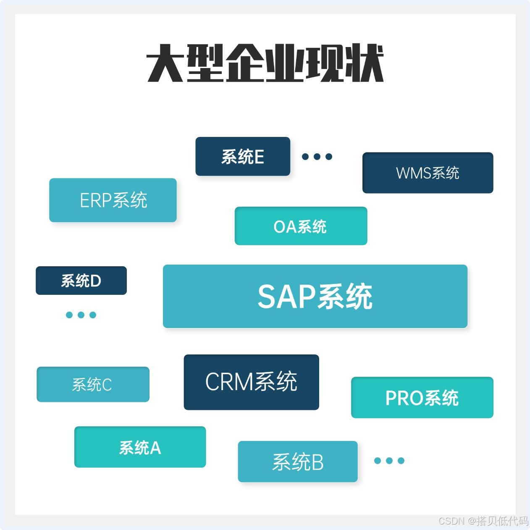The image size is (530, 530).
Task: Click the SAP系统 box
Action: tap(315, 296)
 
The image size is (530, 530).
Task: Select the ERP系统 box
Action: tap(113, 200)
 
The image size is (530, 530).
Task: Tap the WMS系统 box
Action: tap(428, 173)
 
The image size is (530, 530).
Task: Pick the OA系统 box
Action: tap(301, 226)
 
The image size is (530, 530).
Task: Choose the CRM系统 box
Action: tap(251, 382)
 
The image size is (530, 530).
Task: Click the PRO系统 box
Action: tap(422, 397)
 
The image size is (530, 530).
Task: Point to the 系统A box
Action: tap(140, 447)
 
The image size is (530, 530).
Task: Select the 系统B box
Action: tap(297, 461)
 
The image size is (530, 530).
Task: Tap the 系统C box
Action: tap(93, 384)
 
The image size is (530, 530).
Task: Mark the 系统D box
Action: tap(81, 281)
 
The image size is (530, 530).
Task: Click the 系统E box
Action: tap(243, 156)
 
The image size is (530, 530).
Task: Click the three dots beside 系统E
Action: tap(317, 157)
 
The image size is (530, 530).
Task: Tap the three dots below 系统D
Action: tap(81, 315)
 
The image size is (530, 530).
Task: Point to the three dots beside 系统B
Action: tap(389, 461)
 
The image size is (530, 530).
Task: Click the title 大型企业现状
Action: tap(265, 63)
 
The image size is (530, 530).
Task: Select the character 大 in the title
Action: tap(165, 63)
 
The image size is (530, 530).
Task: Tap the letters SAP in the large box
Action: tap(286, 296)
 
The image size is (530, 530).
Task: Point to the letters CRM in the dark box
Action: tap(229, 382)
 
